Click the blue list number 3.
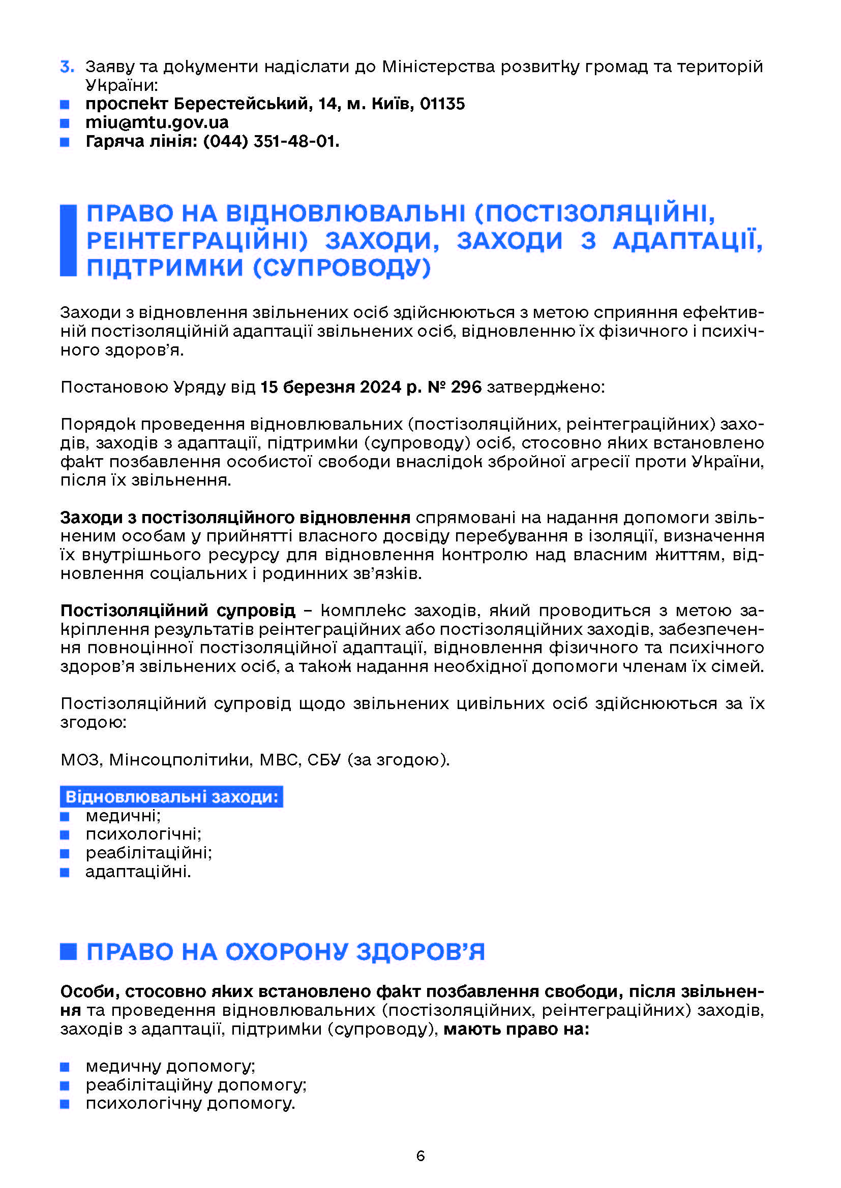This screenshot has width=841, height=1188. click(x=67, y=67)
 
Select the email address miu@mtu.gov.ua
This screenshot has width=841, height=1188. click(x=157, y=122)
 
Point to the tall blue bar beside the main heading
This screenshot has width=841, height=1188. click(x=68, y=241)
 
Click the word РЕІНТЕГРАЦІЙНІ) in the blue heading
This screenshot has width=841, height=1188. click(x=197, y=241)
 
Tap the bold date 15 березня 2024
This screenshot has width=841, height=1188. click(x=331, y=387)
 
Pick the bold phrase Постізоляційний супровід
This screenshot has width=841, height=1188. click(x=177, y=611)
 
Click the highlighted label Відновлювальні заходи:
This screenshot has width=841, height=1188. click(x=171, y=797)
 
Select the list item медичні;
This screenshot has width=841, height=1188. click(x=123, y=816)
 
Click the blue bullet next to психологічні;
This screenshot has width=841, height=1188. click(x=65, y=834)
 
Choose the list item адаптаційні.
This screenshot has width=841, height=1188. click(x=138, y=872)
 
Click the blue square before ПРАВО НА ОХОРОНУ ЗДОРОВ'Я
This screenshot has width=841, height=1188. click(x=68, y=951)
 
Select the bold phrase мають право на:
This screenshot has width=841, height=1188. click(x=516, y=1029)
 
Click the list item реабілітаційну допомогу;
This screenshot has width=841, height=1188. click(x=196, y=1085)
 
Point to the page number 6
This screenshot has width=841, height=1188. click(x=420, y=1156)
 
